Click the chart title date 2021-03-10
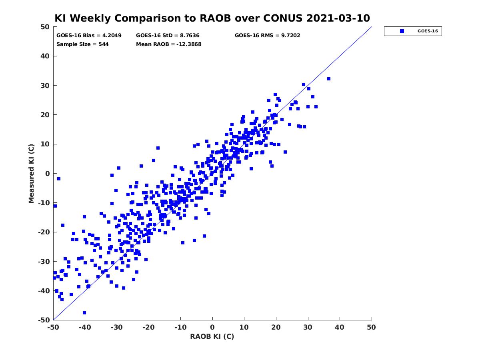(338, 18)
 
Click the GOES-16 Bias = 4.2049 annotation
(89, 36)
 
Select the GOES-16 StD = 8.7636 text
(168, 36)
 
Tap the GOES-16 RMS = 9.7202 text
(268, 36)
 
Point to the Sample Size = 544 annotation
(82, 44)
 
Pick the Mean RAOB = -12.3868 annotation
(169, 44)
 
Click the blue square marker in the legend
(402, 31)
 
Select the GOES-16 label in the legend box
(428, 31)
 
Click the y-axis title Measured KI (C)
(32, 173)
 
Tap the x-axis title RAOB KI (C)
(212, 336)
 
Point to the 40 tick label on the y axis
(46, 56)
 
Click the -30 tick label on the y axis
(44, 262)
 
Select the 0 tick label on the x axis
(212, 327)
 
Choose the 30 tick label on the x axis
(308, 327)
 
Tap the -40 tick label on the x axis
(85, 327)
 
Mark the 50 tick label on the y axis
(46, 27)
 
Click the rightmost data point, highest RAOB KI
(329, 79)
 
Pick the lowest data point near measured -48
(84, 313)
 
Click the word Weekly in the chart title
(91, 18)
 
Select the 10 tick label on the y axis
(46, 144)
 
